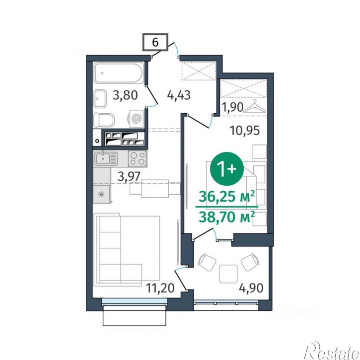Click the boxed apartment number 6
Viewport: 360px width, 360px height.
[x=155, y=42]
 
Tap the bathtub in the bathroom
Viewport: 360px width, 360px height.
[x=119, y=73]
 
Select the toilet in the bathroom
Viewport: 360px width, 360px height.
[x=104, y=120]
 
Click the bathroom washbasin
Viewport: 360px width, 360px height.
[x=100, y=99]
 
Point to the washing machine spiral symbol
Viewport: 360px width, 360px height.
[x=137, y=119]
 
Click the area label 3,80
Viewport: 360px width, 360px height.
[x=125, y=95]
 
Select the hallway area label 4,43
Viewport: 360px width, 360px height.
[x=179, y=95]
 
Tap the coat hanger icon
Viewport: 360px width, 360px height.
[x=255, y=106]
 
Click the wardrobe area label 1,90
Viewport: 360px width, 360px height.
[x=232, y=107]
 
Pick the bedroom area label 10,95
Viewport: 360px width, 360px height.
[x=245, y=131]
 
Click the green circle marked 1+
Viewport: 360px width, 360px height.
[x=227, y=169]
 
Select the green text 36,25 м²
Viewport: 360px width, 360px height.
[x=227, y=196]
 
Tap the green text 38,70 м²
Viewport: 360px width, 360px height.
[x=227, y=217]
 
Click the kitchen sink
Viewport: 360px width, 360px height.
[x=106, y=158]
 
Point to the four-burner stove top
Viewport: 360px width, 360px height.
[x=137, y=158]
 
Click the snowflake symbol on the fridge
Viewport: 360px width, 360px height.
[x=101, y=195]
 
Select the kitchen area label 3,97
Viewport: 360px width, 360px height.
[x=129, y=177]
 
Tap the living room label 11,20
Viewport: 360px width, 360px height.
[x=160, y=288]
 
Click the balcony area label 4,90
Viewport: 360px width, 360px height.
[x=251, y=288]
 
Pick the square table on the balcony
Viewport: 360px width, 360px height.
[x=228, y=274]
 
